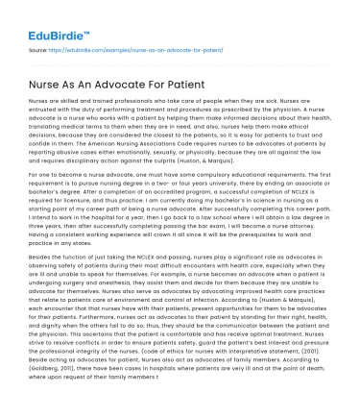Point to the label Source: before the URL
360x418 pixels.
point(40,48)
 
